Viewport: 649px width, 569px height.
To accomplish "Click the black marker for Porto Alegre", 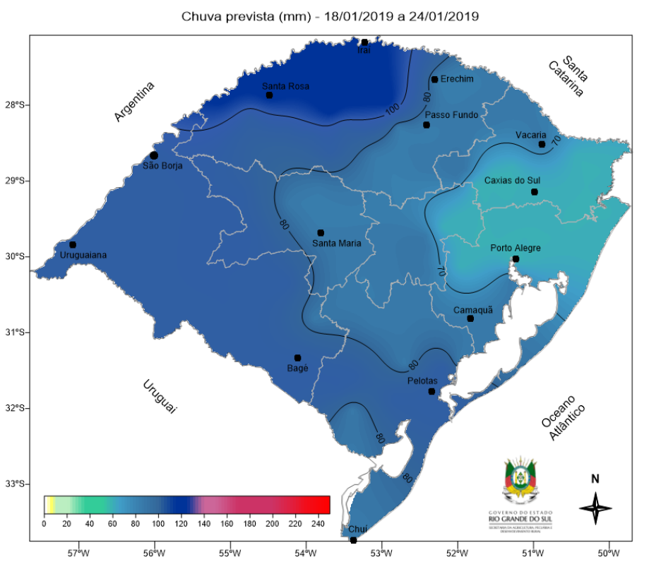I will tap(516, 259).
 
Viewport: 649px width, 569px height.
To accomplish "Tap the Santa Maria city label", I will tap(336, 244).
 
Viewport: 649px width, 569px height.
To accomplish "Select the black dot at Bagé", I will tap(297, 358).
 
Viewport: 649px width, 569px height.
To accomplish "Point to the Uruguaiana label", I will tap(83, 255).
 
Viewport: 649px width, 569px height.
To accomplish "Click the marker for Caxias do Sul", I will tap(535, 192).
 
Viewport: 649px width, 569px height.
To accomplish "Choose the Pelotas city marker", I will tap(431, 392).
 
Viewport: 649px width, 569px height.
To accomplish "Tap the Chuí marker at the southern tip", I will tap(354, 540).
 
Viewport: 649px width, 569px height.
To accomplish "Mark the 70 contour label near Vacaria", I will tap(556, 141).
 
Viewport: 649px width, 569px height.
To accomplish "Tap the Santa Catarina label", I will tap(571, 77).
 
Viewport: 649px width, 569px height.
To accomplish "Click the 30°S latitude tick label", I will tap(18, 256).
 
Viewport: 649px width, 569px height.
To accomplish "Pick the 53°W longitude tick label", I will tap(381, 553).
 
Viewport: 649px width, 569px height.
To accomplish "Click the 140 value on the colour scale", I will tap(203, 524).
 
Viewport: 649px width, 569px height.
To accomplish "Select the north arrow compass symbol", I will tap(595, 507).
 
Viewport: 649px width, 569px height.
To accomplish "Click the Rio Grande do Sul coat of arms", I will tap(520, 482).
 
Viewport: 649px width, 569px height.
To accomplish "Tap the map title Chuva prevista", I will tap(330, 16).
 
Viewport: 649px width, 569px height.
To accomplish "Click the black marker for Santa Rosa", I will tap(269, 95).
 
